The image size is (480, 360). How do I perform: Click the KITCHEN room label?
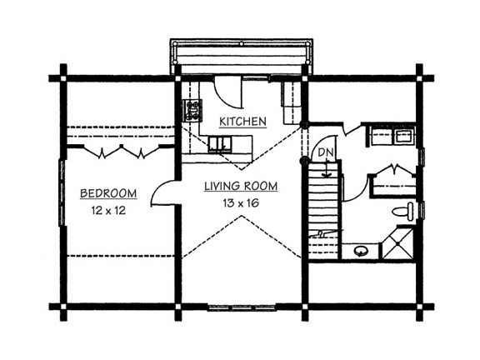[242, 122]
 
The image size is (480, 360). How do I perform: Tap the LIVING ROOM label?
[241, 186]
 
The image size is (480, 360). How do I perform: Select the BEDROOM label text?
[108, 193]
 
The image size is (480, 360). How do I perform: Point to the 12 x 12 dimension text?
[108, 210]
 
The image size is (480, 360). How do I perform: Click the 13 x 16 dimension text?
[241, 202]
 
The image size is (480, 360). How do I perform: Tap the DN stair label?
[325, 152]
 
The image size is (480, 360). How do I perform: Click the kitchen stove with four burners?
[192, 111]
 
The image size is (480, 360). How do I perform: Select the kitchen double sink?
[220, 144]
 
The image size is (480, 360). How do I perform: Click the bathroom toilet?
[403, 211]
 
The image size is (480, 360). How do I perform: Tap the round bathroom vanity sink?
[361, 252]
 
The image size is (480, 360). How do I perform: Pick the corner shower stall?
[398, 243]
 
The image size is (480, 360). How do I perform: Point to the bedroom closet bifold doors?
[122, 151]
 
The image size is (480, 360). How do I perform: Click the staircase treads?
[324, 211]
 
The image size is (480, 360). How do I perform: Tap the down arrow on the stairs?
[327, 168]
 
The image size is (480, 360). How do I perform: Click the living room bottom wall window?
[242, 307]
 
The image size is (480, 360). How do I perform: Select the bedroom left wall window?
[62, 192]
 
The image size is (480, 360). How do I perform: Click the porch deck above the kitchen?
[241, 57]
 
